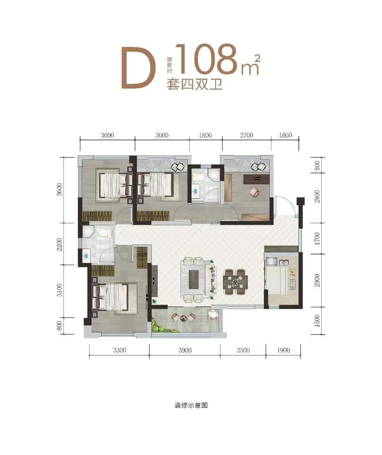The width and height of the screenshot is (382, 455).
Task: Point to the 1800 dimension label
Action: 205,135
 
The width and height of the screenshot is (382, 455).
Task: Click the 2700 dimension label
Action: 247,135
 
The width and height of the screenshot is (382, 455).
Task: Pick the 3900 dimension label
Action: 185,350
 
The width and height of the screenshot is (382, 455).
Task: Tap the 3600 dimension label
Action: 59,190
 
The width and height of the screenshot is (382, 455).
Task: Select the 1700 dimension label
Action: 317,238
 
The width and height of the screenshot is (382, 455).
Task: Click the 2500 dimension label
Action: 243,350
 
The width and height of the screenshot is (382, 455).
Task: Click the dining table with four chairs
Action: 235,282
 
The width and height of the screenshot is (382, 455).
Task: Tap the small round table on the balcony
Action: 183,318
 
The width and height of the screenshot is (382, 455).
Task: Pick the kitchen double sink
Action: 283,262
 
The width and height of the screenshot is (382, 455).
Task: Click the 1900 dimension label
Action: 283,350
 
